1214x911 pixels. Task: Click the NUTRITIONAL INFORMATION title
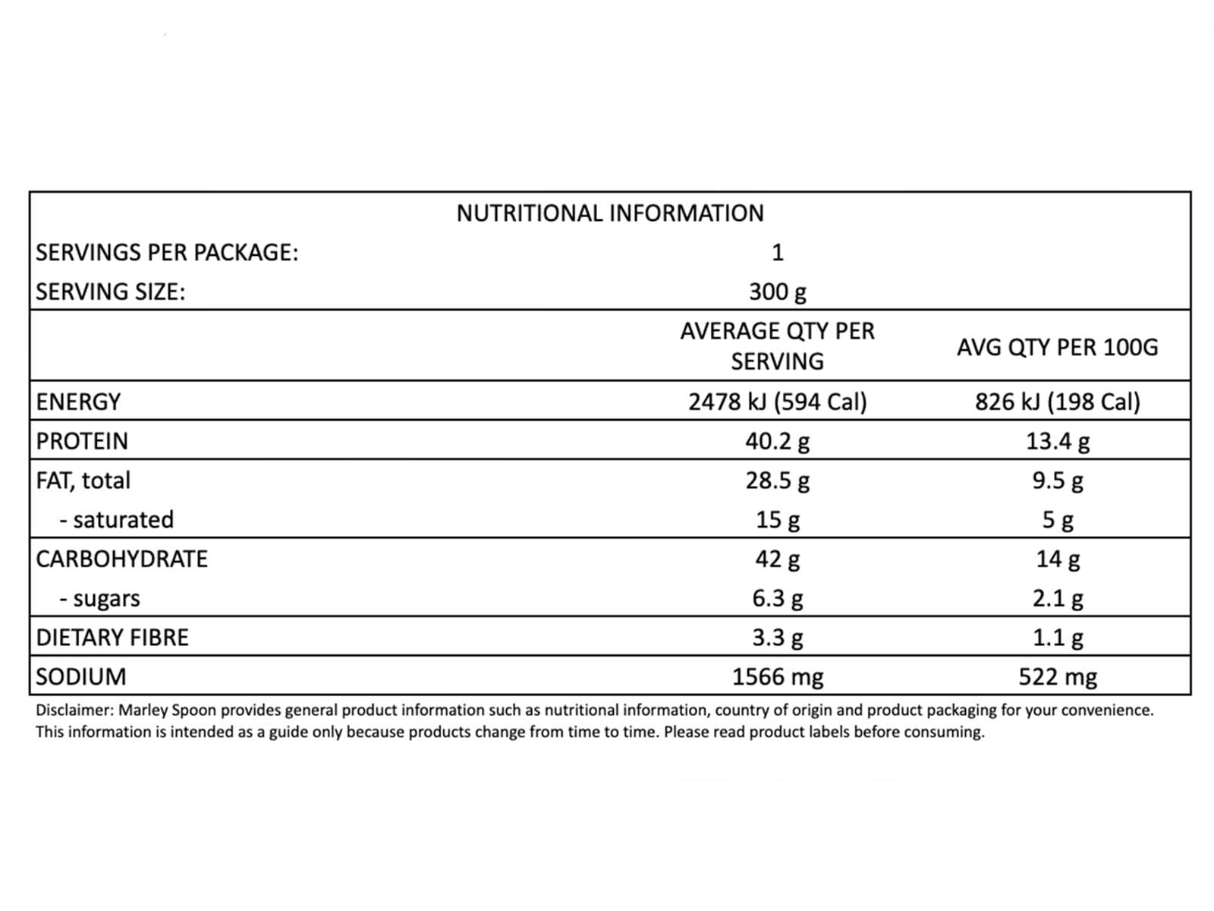click(x=610, y=213)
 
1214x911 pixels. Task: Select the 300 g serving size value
click(x=777, y=292)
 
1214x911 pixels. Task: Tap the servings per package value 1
click(x=777, y=252)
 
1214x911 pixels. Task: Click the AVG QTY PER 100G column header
click(x=1057, y=347)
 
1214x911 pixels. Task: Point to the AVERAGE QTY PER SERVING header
click(x=777, y=345)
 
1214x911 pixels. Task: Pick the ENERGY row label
click(x=78, y=402)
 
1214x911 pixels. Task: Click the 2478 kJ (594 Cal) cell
click(x=777, y=402)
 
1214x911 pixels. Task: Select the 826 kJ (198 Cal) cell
click(x=1057, y=402)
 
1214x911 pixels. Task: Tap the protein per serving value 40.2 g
click(x=777, y=441)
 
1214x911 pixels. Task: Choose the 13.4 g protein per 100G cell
click(x=1057, y=441)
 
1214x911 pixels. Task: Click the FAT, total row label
click(x=83, y=481)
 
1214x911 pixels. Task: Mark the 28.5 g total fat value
click(x=777, y=481)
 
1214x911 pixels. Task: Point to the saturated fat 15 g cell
click(x=777, y=520)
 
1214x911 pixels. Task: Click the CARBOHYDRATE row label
click(x=121, y=559)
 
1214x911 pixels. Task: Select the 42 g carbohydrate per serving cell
click(x=777, y=559)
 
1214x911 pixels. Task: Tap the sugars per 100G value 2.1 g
click(x=1057, y=598)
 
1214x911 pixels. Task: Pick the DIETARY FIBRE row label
click(x=112, y=638)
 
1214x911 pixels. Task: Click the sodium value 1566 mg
click(x=777, y=676)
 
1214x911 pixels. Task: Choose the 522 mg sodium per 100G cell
click(x=1057, y=676)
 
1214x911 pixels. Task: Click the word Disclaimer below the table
click(x=74, y=711)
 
